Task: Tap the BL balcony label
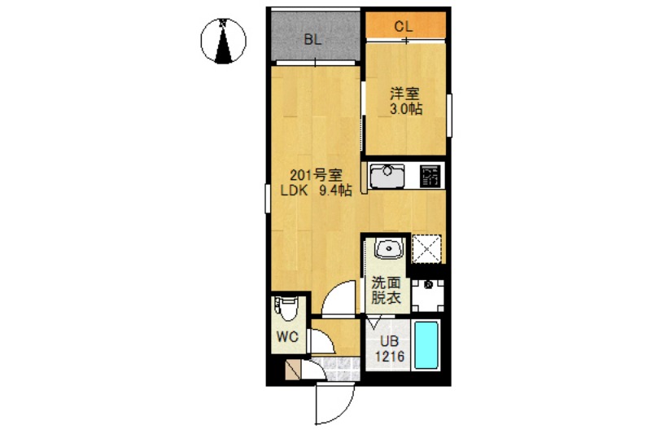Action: coord(313,39)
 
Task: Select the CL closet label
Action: coord(404,26)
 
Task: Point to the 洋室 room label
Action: coord(404,94)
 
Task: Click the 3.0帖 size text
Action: coord(404,110)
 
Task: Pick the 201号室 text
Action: coord(317,175)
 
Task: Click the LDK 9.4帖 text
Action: coord(317,191)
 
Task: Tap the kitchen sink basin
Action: coord(387,175)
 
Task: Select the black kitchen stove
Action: coord(430,175)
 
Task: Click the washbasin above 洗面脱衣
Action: coord(387,248)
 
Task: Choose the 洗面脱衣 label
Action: coord(387,291)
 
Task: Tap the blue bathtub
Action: coord(427,345)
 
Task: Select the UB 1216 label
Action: coord(390,349)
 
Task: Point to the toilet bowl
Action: coord(288,309)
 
